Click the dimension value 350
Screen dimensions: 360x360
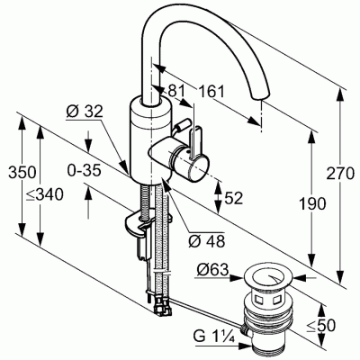[13, 171]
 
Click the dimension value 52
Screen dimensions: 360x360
[234, 198]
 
